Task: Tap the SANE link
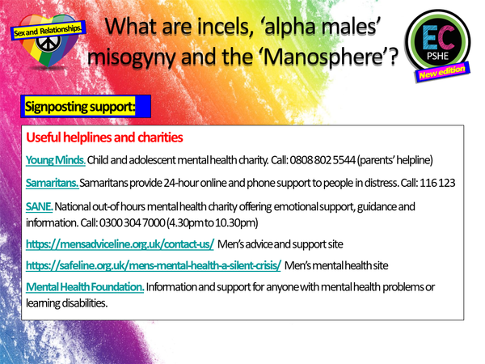(x=39, y=208)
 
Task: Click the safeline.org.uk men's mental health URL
(x=153, y=265)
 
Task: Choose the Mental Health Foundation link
(x=85, y=287)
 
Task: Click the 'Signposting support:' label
(x=77, y=106)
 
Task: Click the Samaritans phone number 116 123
(x=438, y=183)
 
